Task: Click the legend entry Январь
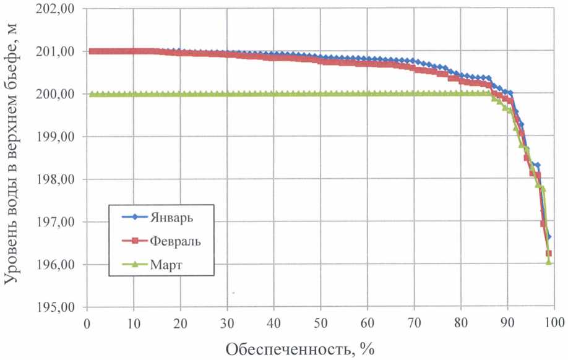click(x=171, y=217)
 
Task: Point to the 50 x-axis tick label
click(x=321, y=322)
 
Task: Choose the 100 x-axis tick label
click(x=554, y=322)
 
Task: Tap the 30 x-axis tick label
click(x=227, y=322)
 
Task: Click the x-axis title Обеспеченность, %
click(x=300, y=348)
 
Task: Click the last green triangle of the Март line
click(x=549, y=262)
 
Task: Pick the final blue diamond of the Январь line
click(x=549, y=237)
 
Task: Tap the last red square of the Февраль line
click(x=549, y=254)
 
